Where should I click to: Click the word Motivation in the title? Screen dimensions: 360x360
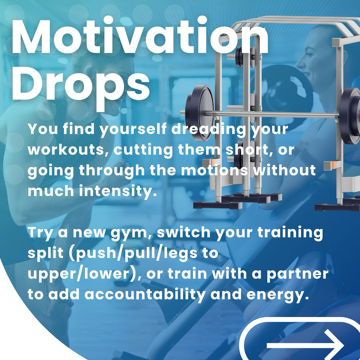coord(140,37)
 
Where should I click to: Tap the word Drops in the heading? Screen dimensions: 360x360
coord(81,86)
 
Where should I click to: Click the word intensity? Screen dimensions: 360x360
coord(118,191)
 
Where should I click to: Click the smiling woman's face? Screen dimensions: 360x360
coord(307,57)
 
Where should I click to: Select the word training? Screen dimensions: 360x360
coord(290,233)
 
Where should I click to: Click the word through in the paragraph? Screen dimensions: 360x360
coord(112,171)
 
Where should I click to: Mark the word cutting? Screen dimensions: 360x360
coord(143,150)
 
